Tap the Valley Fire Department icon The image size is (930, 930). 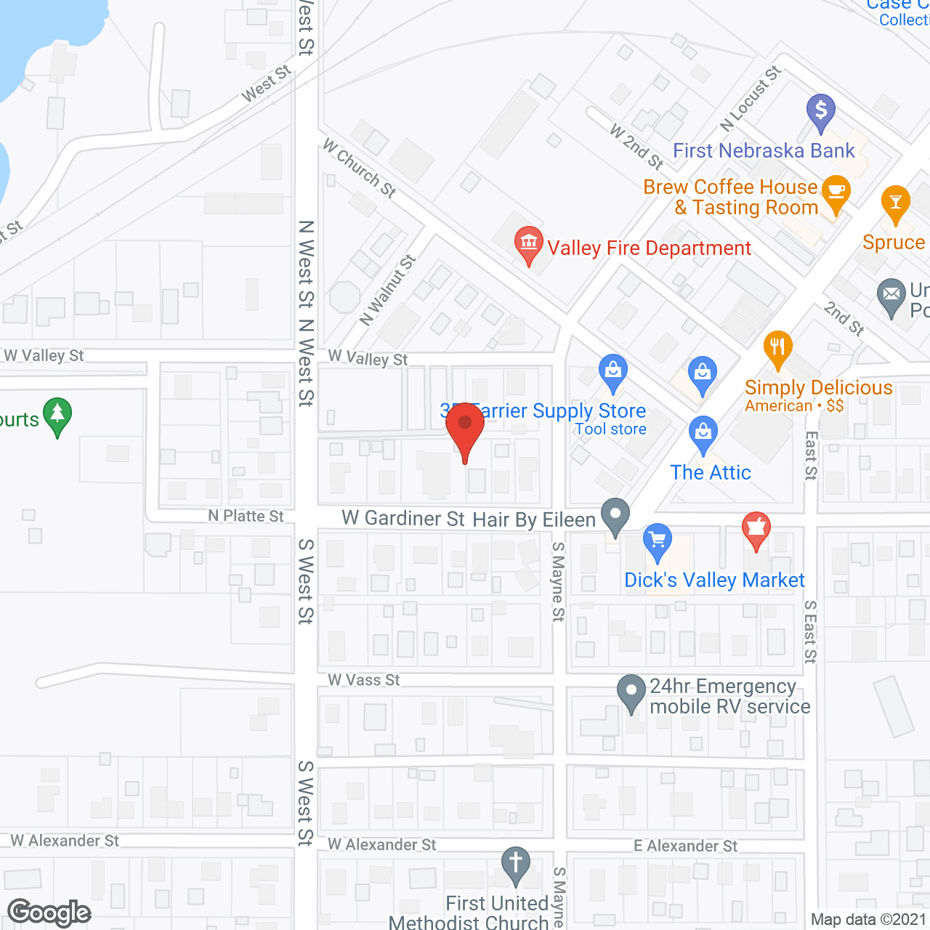528,243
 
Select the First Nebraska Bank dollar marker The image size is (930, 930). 821,111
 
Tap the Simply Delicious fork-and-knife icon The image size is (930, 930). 777,347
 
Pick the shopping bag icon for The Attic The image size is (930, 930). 703,432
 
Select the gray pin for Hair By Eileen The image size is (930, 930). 616,515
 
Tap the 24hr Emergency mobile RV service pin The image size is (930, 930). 631,692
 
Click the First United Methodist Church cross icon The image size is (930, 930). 516,864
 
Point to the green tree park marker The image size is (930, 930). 57,415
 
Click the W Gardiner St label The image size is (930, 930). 403,518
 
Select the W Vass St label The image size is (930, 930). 364,680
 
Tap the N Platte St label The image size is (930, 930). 246,516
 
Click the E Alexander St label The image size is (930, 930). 685,846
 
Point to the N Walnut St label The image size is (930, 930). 388,290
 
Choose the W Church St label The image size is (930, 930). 359,168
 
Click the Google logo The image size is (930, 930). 49,913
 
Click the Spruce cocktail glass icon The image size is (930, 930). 895,203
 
